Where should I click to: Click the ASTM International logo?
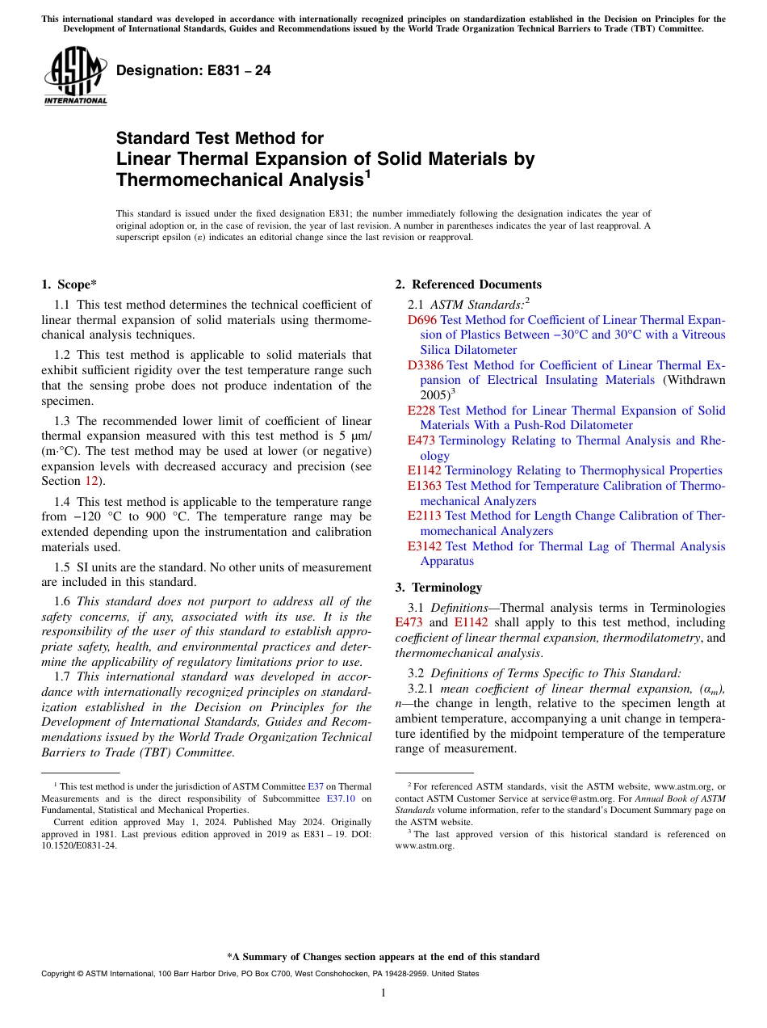[75, 77]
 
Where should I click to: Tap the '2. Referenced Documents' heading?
[468, 284]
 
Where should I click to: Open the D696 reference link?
[422, 320]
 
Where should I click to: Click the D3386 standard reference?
[425, 365]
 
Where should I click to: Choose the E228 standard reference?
[421, 411]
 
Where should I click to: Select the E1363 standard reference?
[425, 486]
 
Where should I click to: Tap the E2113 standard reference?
[425, 516]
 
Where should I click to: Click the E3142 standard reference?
[425, 546]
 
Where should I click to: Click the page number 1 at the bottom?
[383, 992]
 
